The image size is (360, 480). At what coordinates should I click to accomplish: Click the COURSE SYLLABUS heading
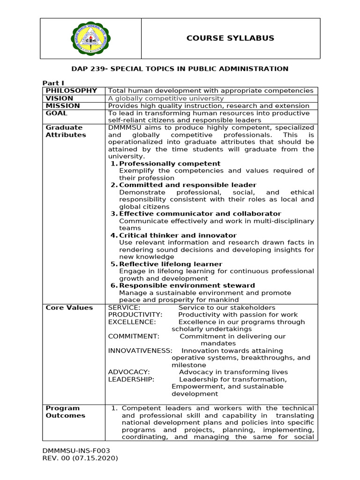pos(230,38)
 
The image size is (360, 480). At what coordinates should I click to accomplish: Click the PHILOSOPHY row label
pos(71,90)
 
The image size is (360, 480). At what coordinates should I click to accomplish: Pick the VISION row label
pos(60,98)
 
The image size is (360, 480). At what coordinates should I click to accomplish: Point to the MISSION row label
pos(63,106)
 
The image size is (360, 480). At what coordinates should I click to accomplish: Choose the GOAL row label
pos(56,113)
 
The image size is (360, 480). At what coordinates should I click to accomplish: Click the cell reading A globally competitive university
pos(166,98)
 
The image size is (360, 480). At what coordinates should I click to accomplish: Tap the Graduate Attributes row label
pos(66,131)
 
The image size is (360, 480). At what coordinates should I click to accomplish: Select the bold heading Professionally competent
pos(170,164)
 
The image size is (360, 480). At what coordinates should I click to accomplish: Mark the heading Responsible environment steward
pos(187,285)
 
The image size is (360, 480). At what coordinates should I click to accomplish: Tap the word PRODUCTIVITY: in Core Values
pos(135,315)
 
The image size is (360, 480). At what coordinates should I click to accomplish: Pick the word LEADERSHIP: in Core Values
pos(131,379)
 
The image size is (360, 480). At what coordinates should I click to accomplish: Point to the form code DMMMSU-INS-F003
pos(76,450)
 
